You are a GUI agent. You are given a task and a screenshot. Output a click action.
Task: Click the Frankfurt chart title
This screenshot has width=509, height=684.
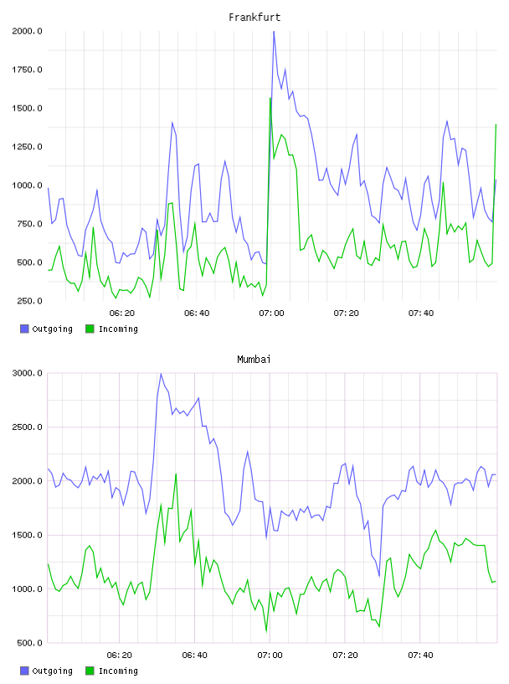coord(254,18)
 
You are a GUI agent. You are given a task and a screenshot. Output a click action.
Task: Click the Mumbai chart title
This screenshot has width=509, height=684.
coord(254,360)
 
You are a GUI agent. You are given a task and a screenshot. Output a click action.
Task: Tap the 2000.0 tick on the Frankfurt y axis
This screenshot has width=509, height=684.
coord(27,31)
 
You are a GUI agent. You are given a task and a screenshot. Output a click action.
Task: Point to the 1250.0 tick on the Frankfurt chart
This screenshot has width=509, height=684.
coord(27,147)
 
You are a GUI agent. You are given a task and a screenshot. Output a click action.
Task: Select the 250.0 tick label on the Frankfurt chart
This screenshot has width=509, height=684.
coord(29,301)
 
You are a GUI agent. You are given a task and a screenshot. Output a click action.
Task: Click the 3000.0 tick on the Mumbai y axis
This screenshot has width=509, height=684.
coord(27,373)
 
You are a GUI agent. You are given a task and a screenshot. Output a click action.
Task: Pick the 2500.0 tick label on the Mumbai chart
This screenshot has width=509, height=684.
coord(27,427)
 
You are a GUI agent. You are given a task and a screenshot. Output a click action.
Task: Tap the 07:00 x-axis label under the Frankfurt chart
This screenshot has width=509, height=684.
coord(271,313)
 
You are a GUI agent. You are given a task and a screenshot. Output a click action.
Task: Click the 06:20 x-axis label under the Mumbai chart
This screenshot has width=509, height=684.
coord(120,655)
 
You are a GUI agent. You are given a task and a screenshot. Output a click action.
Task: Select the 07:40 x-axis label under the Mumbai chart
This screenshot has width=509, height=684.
coord(420,655)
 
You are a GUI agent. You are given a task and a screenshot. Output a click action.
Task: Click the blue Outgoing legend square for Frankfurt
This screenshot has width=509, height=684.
coord(24,329)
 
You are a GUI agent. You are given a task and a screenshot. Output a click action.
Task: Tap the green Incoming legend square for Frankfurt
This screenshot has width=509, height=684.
coord(90,329)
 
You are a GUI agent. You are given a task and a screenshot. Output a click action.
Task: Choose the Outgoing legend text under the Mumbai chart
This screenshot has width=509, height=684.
coord(52,671)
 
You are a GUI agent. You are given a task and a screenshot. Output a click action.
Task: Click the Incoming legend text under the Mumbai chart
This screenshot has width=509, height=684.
coord(118,671)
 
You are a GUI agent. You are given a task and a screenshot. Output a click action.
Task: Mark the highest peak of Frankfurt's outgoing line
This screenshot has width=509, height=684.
coord(274,32)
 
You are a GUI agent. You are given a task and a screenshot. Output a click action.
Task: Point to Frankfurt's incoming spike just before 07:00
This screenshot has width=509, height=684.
coord(270,99)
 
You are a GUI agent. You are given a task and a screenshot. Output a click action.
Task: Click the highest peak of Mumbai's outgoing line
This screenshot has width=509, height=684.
coord(161,374)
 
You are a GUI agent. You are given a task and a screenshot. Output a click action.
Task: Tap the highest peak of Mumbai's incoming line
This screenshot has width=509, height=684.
coord(176,474)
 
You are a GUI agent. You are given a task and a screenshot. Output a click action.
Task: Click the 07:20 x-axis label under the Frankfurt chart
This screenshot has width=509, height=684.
coord(346,313)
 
